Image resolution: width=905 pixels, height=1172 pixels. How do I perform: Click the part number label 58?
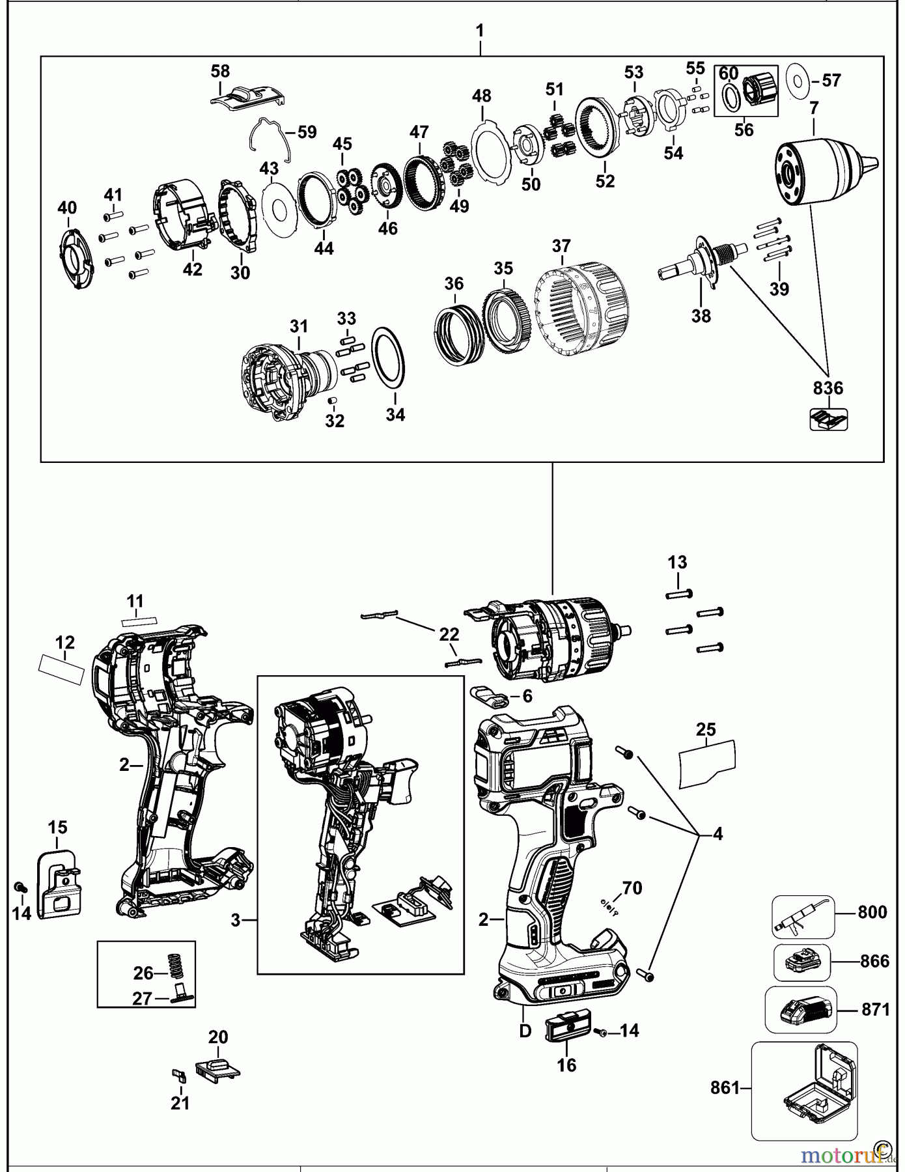click(x=220, y=71)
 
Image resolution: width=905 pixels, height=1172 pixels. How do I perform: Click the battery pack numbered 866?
click(x=802, y=962)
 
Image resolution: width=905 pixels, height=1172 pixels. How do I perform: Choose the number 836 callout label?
click(x=828, y=389)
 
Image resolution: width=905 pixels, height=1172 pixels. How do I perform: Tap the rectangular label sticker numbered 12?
click(x=63, y=669)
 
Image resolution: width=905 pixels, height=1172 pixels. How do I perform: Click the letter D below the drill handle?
click(x=525, y=1031)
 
